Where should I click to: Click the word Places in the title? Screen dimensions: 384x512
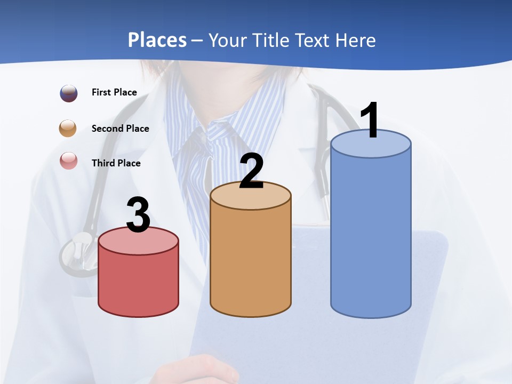(x=157, y=40)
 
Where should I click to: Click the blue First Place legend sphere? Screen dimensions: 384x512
(x=69, y=93)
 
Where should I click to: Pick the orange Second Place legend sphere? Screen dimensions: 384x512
(x=69, y=129)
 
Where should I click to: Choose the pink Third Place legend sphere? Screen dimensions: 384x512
(x=69, y=161)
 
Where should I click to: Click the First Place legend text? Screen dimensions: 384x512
(x=114, y=92)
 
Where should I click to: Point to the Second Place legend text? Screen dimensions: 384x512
(x=120, y=129)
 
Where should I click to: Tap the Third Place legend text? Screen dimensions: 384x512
(x=116, y=163)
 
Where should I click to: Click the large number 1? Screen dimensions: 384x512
(x=370, y=120)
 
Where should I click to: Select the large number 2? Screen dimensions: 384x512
(x=251, y=171)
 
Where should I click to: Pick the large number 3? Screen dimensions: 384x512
(x=138, y=215)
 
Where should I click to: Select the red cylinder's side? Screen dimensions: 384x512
(x=138, y=283)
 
